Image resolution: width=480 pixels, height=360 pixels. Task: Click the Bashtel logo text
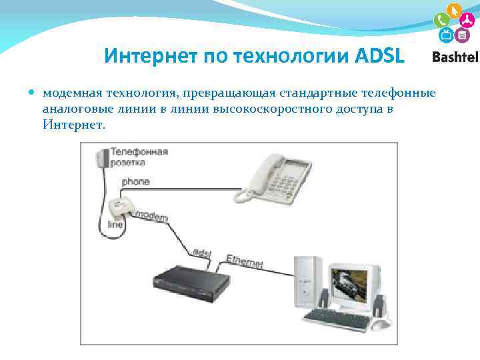click(x=455, y=57)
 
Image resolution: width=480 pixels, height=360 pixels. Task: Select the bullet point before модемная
click(x=33, y=92)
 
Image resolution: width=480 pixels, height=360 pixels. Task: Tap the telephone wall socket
click(x=102, y=159)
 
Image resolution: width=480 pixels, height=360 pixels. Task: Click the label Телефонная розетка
click(x=139, y=157)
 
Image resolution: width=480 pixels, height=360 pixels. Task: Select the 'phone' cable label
click(x=135, y=181)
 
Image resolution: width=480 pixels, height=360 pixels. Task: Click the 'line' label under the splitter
click(x=115, y=225)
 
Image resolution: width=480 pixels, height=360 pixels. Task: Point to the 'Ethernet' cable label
click(x=244, y=261)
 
